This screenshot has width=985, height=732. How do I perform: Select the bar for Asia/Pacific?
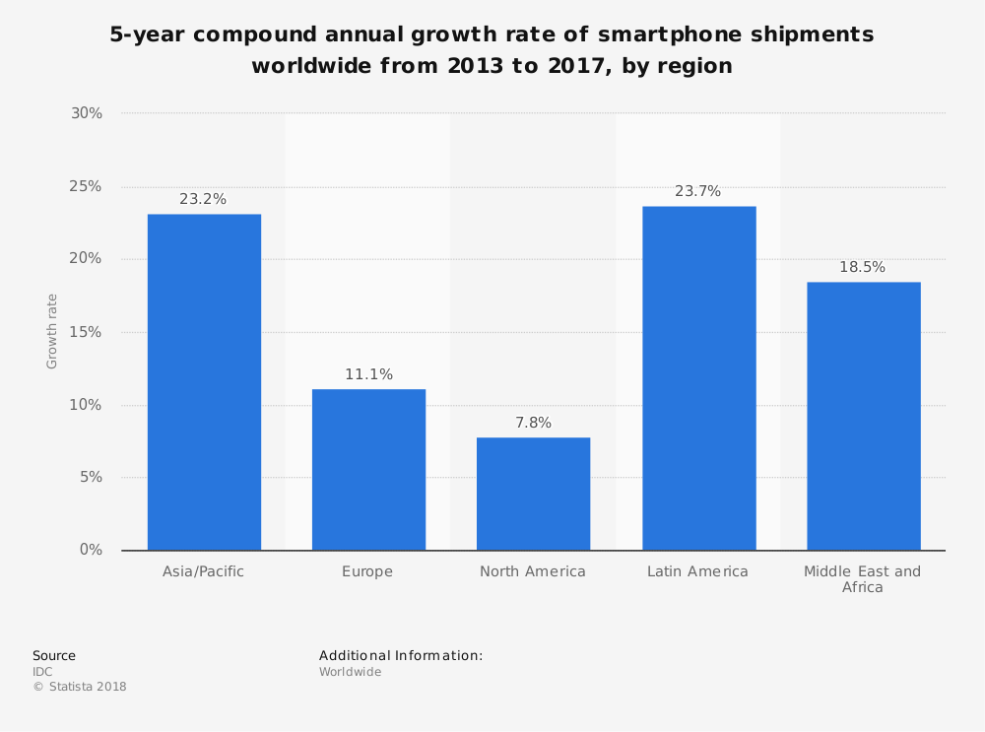click(x=204, y=382)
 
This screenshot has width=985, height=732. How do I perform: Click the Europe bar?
click(x=368, y=470)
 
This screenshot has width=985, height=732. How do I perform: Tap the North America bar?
click(x=533, y=494)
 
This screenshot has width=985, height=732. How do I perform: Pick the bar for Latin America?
click(x=698, y=378)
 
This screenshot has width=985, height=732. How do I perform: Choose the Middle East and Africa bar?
click(x=863, y=416)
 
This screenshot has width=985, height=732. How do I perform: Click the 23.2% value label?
click(x=203, y=199)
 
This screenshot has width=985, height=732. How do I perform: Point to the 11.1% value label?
click(x=368, y=374)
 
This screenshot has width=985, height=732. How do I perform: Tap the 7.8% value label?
click(x=533, y=423)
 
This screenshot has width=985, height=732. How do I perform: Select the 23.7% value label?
click(x=697, y=191)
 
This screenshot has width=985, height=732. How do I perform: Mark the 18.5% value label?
click(x=862, y=267)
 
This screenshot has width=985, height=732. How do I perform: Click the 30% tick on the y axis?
click(x=87, y=113)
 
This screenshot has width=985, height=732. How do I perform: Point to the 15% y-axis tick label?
click(x=87, y=332)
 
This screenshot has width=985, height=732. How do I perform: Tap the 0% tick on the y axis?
click(x=91, y=550)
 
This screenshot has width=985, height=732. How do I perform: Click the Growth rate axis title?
click(x=52, y=331)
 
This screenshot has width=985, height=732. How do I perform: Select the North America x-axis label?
click(x=532, y=571)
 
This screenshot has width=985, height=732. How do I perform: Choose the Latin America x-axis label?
click(x=697, y=571)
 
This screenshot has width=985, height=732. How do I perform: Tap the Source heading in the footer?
click(x=53, y=655)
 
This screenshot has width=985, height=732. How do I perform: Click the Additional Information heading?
click(x=400, y=655)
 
